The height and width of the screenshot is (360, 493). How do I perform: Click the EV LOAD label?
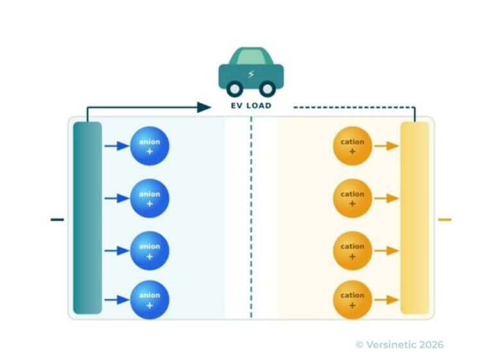pyautogui.click(x=251, y=105)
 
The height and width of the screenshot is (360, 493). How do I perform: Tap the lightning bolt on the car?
pyautogui.click(x=251, y=73)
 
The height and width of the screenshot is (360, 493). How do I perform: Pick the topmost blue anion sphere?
pyautogui.click(x=150, y=146)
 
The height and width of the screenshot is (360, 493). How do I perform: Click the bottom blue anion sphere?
pyautogui.click(x=150, y=300)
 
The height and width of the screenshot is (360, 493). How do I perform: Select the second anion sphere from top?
pyautogui.click(x=150, y=198)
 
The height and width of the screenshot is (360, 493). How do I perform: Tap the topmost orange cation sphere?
pyautogui.click(x=352, y=146)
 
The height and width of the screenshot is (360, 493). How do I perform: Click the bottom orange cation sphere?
pyautogui.click(x=352, y=300)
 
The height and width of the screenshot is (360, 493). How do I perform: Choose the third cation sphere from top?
pyautogui.click(x=352, y=250)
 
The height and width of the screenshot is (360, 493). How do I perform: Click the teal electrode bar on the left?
pyautogui.click(x=87, y=218)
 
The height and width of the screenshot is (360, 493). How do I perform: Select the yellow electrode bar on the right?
pyautogui.click(x=414, y=218)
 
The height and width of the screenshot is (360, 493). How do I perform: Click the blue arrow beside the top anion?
pyautogui.click(x=117, y=146)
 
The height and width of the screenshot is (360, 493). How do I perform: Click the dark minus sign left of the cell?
pyautogui.click(x=57, y=219)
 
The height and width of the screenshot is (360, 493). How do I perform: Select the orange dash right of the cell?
pyautogui.click(x=444, y=219)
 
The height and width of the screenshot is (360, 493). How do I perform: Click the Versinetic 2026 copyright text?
pyautogui.click(x=399, y=345)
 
